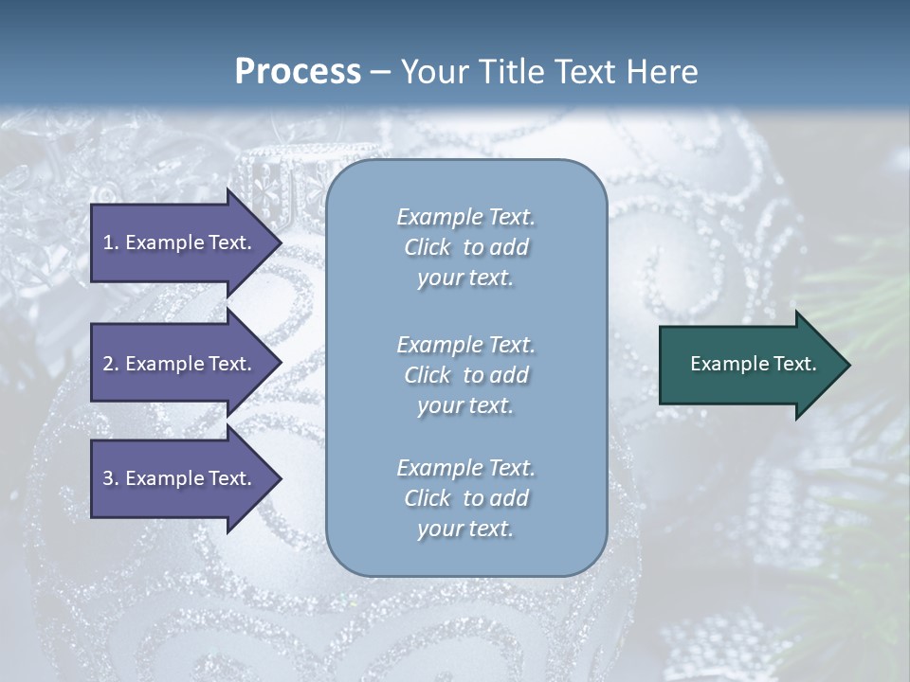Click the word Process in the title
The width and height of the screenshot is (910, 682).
click(x=298, y=72)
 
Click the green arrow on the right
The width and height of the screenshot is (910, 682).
click(x=749, y=365)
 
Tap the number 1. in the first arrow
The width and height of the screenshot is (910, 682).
click(x=111, y=242)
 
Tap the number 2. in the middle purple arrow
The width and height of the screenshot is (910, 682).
click(x=111, y=364)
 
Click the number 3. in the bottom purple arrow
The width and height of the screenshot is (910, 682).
click(x=111, y=478)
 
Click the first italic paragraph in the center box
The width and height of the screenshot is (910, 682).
click(x=465, y=247)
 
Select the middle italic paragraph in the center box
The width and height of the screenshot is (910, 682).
click(x=465, y=375)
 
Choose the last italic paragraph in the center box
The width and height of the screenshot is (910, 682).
click(x=465, y=498)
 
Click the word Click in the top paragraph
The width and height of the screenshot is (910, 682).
click(x=428, y=247)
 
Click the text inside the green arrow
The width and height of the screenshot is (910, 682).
click(x=753, y=364)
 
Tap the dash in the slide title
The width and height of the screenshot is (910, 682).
click(x=381, y=72)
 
